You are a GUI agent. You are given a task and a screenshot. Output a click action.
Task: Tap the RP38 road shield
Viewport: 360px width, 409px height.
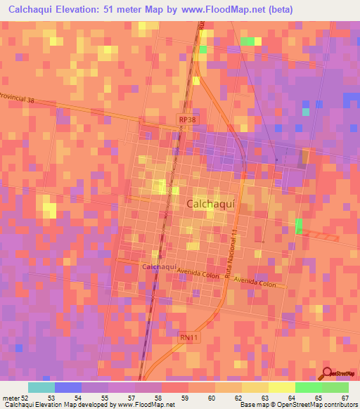pyautogui.click(x=186, y=120)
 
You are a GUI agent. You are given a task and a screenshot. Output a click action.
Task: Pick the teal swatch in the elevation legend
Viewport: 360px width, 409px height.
pyautogui.click(x=41, y=387)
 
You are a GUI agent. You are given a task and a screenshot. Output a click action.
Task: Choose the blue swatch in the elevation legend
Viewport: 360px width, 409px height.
pyautogui.click(x=67, y=387)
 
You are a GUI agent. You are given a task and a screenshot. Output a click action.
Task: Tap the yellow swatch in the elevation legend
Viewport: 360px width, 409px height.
pyautogui.click(x=281, y=387)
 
